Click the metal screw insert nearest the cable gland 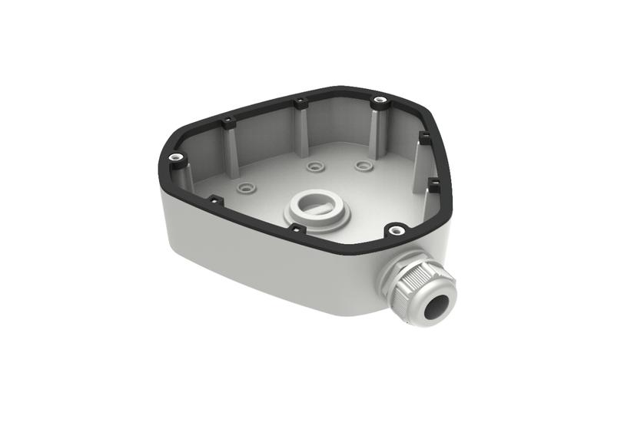(395, 228)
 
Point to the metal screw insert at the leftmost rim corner (177, 157)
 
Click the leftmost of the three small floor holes (246, 186)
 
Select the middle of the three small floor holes (312, 165)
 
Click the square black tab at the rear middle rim (300, 101)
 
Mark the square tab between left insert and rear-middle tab (227, 120)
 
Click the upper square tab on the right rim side (423, 137)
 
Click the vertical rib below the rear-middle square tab (302, 127)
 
